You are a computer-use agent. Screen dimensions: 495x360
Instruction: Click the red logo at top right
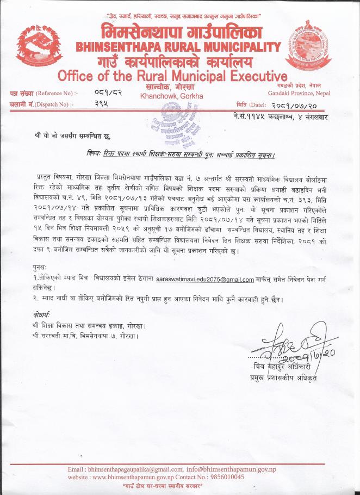pyautogui.click(x=315, y=46)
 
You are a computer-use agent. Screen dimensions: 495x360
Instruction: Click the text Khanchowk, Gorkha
pyautogui.click(x=172, y=96)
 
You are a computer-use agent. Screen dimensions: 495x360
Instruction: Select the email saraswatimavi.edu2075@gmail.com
pyautogui.click(x=205, y=280)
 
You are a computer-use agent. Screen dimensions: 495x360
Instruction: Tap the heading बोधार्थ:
pyautogui.click(x=41, y=315)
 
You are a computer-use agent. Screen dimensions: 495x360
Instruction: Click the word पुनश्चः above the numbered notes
pyautogui.click(x=40, y=269)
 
